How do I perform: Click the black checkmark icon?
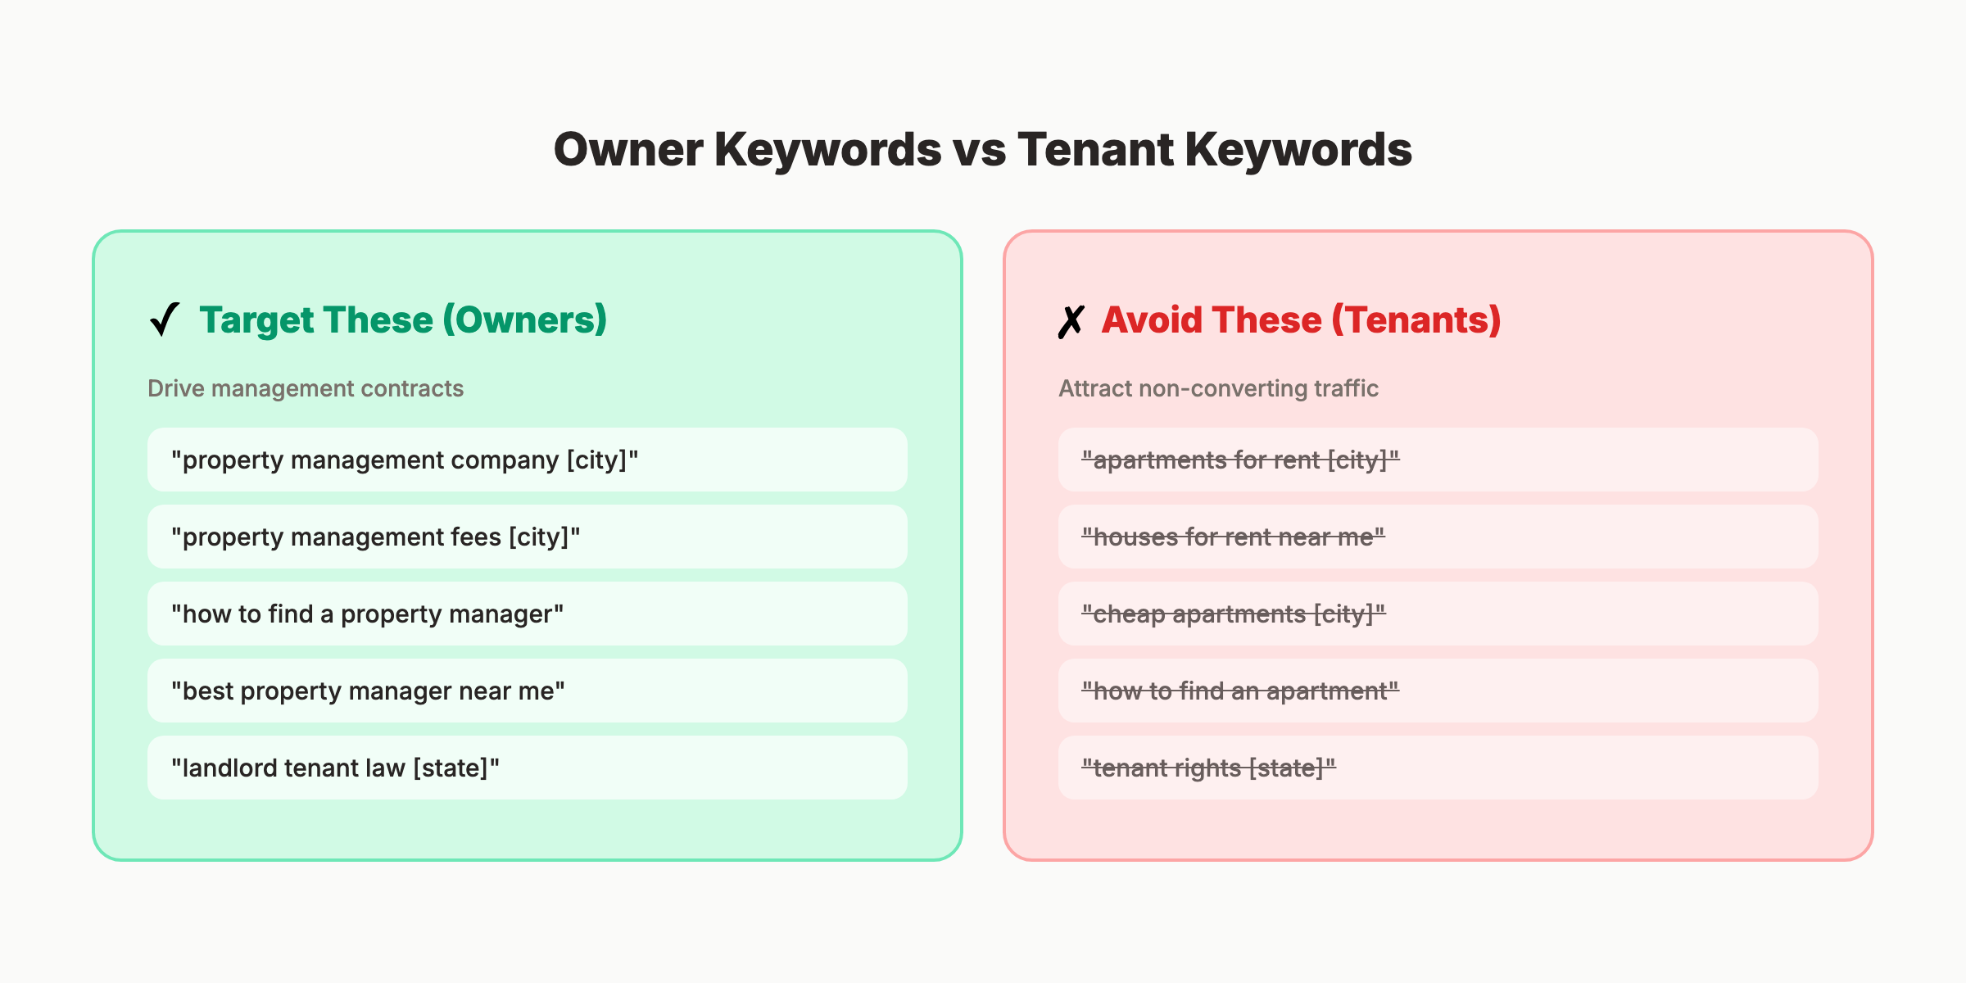tap(165, 319)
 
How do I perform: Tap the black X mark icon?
tap(1071, 321)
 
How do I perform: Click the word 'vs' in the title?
tap(979, 150)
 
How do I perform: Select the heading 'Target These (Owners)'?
tap(403, 319)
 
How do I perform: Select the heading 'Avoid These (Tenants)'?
tap(1301, 319)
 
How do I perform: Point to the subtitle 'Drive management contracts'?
tap(306, 388)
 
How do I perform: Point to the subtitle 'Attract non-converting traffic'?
tap(1218, 388)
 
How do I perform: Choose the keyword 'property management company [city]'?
tap(405, 460)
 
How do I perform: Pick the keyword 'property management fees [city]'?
tap(376, 537)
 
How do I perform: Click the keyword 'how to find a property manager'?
tap(368, 614)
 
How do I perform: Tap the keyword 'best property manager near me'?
tap(368, 691)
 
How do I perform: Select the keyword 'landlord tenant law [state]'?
tap(335, 768)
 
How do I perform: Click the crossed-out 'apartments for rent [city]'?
tap(1240, 460)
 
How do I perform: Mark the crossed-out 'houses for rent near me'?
tap(1233, 537)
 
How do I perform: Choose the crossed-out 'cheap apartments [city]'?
tap(1234, 614)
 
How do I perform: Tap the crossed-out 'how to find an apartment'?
tap(1240, 691)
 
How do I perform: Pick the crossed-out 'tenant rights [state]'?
tap(1208, 768)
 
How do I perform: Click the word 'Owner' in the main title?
tap(628, 150)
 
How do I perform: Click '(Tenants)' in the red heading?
tap(1416, 319)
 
